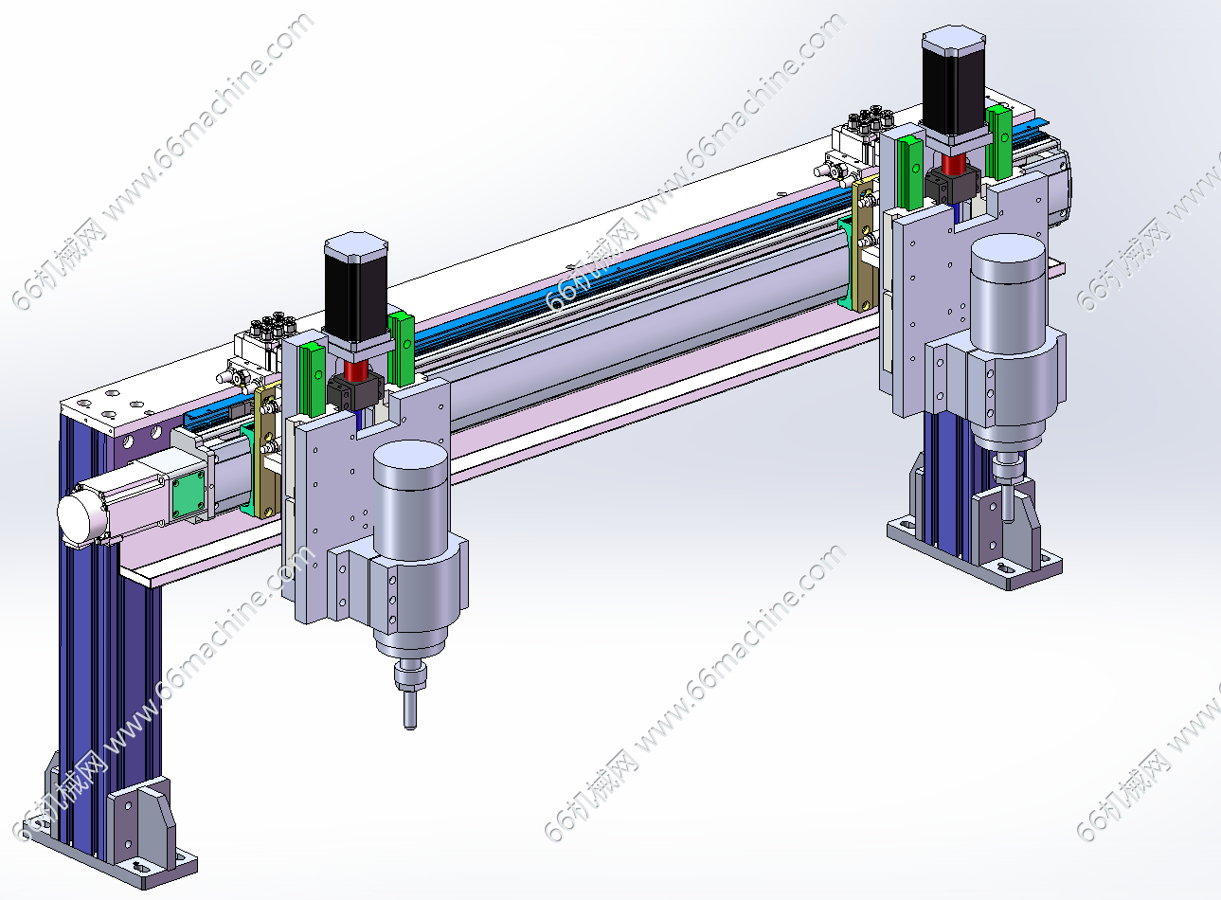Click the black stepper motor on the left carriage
click(x=356, y=289)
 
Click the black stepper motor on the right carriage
click(x=953, y=82)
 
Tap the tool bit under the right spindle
click(x=1009, y=500)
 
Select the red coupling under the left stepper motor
click(x=355, y=371)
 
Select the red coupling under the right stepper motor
click(x=954, y=163)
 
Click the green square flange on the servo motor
click(x=189, y=495)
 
